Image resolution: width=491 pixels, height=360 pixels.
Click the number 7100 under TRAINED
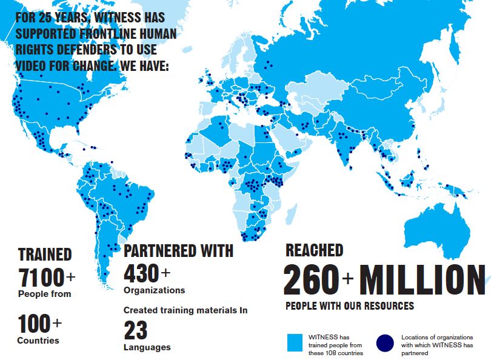41,278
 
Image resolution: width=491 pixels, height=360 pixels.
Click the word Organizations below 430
154,290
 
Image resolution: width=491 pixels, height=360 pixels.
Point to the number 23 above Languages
136,331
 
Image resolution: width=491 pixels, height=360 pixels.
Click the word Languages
147,347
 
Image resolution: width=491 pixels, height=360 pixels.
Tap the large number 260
311,279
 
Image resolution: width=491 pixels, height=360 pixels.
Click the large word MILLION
423,279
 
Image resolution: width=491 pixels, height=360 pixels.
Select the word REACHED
314,250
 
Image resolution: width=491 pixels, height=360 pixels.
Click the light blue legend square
295,343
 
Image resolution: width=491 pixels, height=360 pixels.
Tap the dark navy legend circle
385,343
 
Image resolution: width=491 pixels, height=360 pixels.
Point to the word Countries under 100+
38,341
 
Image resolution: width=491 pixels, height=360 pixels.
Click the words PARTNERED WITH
178,250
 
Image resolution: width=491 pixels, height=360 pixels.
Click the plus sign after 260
348,279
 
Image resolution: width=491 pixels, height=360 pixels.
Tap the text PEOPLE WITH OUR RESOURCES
350,305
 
